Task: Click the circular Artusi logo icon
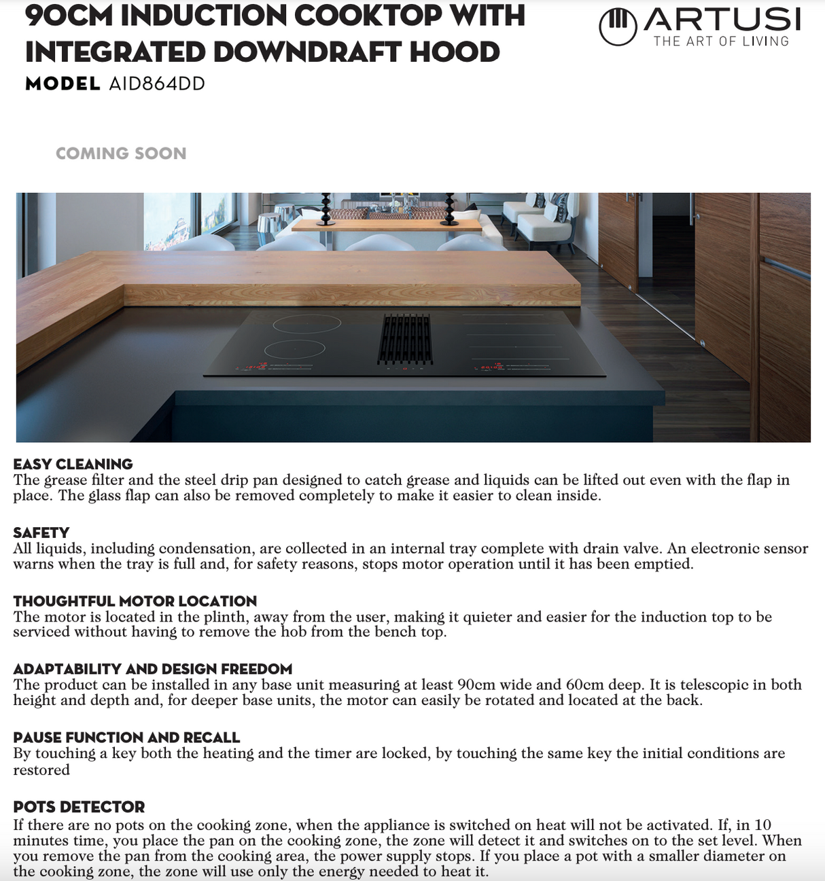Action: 618,27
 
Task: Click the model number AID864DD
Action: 156,84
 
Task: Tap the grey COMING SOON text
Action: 121,154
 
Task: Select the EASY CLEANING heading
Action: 73,464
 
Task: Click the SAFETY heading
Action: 41,533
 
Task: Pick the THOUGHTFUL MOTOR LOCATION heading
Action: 135,601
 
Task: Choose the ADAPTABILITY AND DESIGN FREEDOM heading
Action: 152,669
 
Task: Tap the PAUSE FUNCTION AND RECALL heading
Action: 126,738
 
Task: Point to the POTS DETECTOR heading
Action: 79,807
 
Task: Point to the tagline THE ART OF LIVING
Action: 721,41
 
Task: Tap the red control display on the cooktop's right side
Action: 487,367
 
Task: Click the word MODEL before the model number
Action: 63,84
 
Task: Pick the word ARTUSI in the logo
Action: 722,19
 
